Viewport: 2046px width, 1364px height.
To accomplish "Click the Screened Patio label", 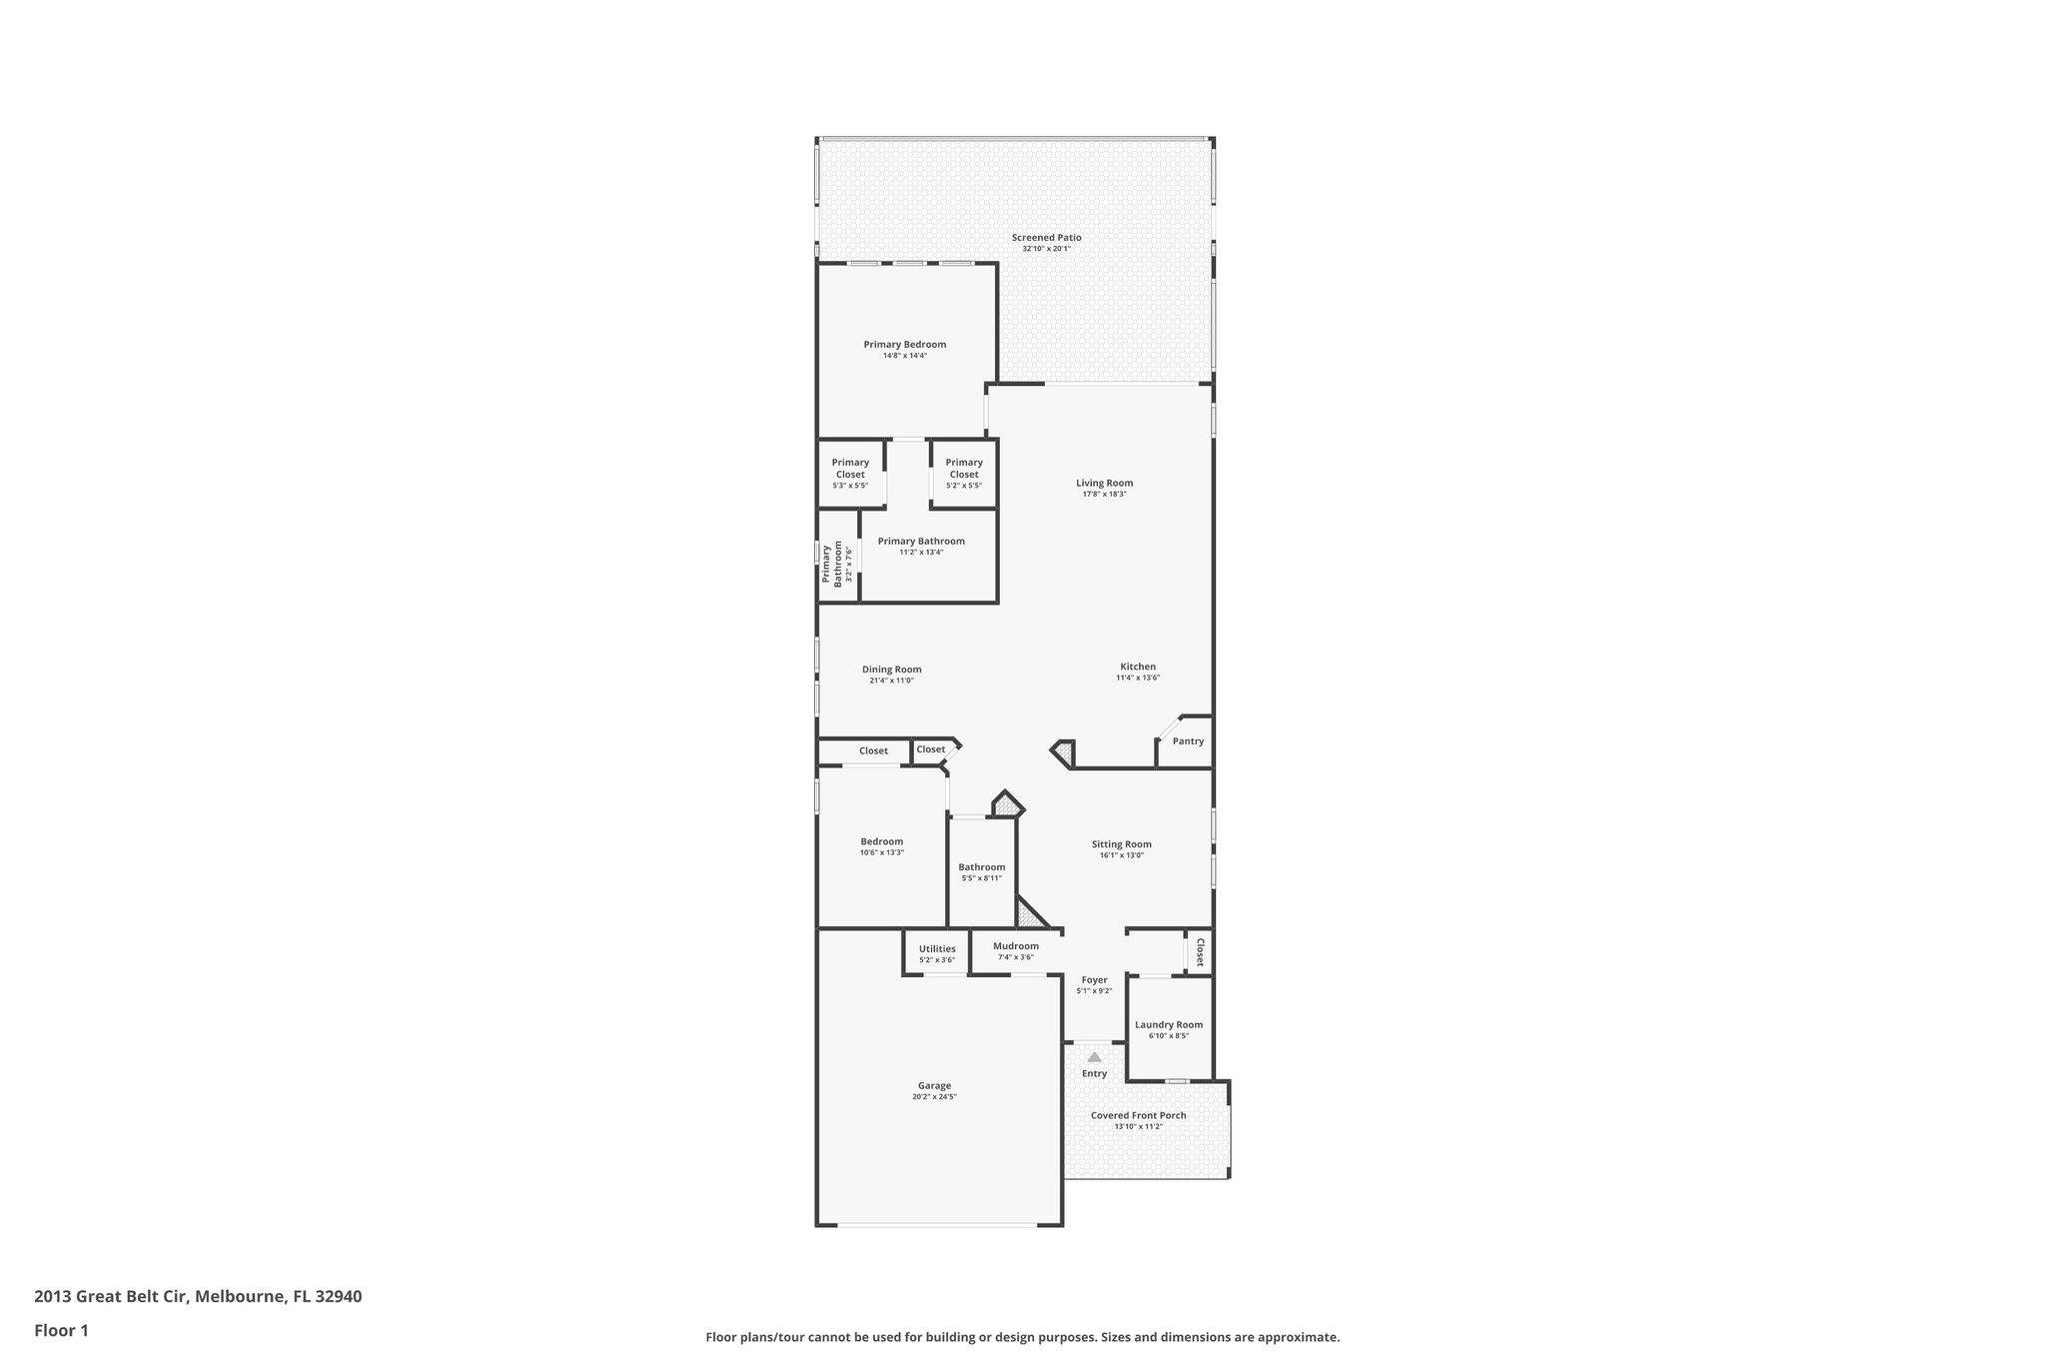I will click(x=1046, y=238).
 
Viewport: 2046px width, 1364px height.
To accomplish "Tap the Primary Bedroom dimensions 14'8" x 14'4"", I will click(x=904, y=356).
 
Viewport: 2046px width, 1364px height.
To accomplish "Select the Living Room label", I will click(x=1104, y=483).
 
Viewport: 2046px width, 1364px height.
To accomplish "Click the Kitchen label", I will click(x=1137, y=667).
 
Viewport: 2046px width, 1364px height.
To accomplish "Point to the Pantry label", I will click(x=1188, y=741).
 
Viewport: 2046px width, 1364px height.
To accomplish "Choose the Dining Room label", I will click(x=891, y=670).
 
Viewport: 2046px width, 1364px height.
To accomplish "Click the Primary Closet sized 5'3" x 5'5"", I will click(x=850, y=469).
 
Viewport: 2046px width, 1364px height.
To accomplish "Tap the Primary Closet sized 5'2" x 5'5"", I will click(x=963, y=469).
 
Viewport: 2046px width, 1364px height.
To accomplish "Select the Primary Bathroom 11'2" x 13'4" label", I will click(x=921, y=542).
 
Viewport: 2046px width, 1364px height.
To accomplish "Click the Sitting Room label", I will click(x=1121, y=844).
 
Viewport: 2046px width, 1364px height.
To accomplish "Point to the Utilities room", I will click(x=937, y=949).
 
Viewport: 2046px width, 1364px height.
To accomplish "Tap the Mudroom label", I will click(x=1015, y=946).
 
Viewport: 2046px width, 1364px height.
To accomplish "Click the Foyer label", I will click(x=1094, y=980).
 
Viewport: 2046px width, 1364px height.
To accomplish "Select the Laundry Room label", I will click(x=1168, y=1024).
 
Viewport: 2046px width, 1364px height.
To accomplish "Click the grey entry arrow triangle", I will click(x=1094, y=1056).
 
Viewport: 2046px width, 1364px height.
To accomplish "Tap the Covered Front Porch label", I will click(x=1138, y=1115).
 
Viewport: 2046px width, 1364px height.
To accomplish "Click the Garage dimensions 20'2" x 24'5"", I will click(x=934, y=1097).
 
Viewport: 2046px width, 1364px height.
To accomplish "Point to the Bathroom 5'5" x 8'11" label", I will click(x=981, y=867).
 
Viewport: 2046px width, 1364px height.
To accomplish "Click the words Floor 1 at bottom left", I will click(x=61, y=1330).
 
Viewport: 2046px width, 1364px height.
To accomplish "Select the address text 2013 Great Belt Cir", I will click(x=110, y=1297).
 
